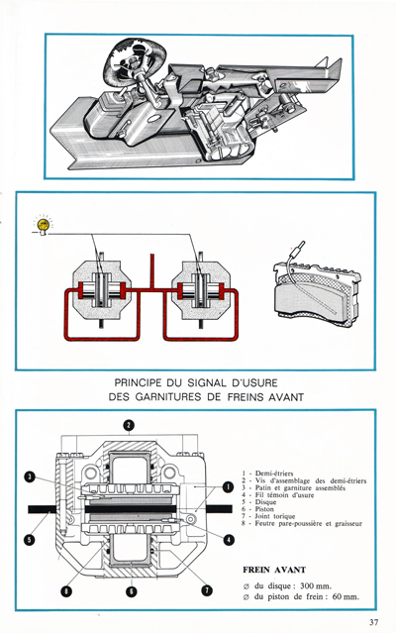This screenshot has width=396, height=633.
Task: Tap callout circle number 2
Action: [x=129, y=426]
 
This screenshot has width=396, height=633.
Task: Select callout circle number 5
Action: [x=31, y=540]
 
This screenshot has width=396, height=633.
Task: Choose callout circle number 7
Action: [x=206, y=591]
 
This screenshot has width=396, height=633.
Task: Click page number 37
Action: [x=372, y=622]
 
